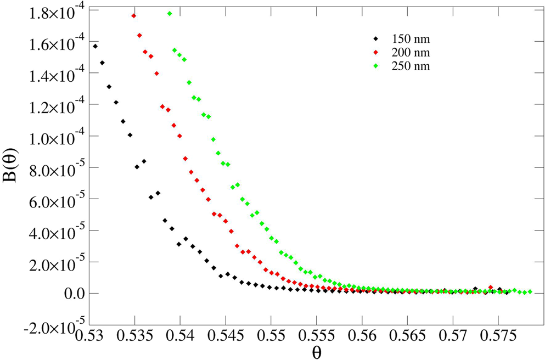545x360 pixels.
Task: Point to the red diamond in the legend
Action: coord(376,53)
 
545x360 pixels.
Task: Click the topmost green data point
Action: coord(170,14)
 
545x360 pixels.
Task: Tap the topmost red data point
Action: coord(133,16)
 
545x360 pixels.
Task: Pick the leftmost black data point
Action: coord(95,46)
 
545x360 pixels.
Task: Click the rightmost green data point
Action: coord(530,292)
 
